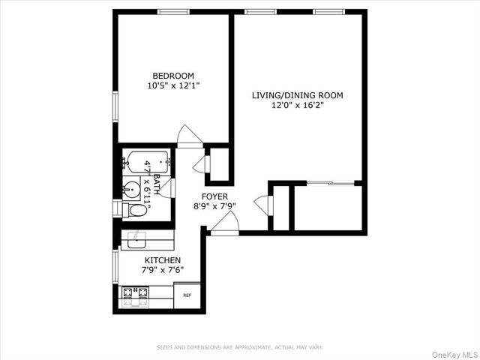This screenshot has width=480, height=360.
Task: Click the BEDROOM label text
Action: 173,76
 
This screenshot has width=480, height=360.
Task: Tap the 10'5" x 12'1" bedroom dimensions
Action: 173,85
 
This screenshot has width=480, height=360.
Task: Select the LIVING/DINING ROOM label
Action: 297,95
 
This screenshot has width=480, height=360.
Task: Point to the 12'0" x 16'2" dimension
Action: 297,106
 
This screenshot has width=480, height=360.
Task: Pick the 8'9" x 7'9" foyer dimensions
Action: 214,205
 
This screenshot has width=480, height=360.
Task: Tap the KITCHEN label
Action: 163,259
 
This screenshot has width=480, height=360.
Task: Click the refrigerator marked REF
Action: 187,295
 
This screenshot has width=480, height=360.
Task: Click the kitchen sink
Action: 136,240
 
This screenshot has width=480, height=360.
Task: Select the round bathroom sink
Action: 130,188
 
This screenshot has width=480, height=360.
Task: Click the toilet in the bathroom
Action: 134,209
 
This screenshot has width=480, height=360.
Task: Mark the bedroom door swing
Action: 189,136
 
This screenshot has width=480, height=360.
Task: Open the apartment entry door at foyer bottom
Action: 226,223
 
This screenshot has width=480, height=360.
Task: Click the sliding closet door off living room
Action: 331,182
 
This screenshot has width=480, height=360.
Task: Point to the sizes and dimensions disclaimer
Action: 240,347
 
